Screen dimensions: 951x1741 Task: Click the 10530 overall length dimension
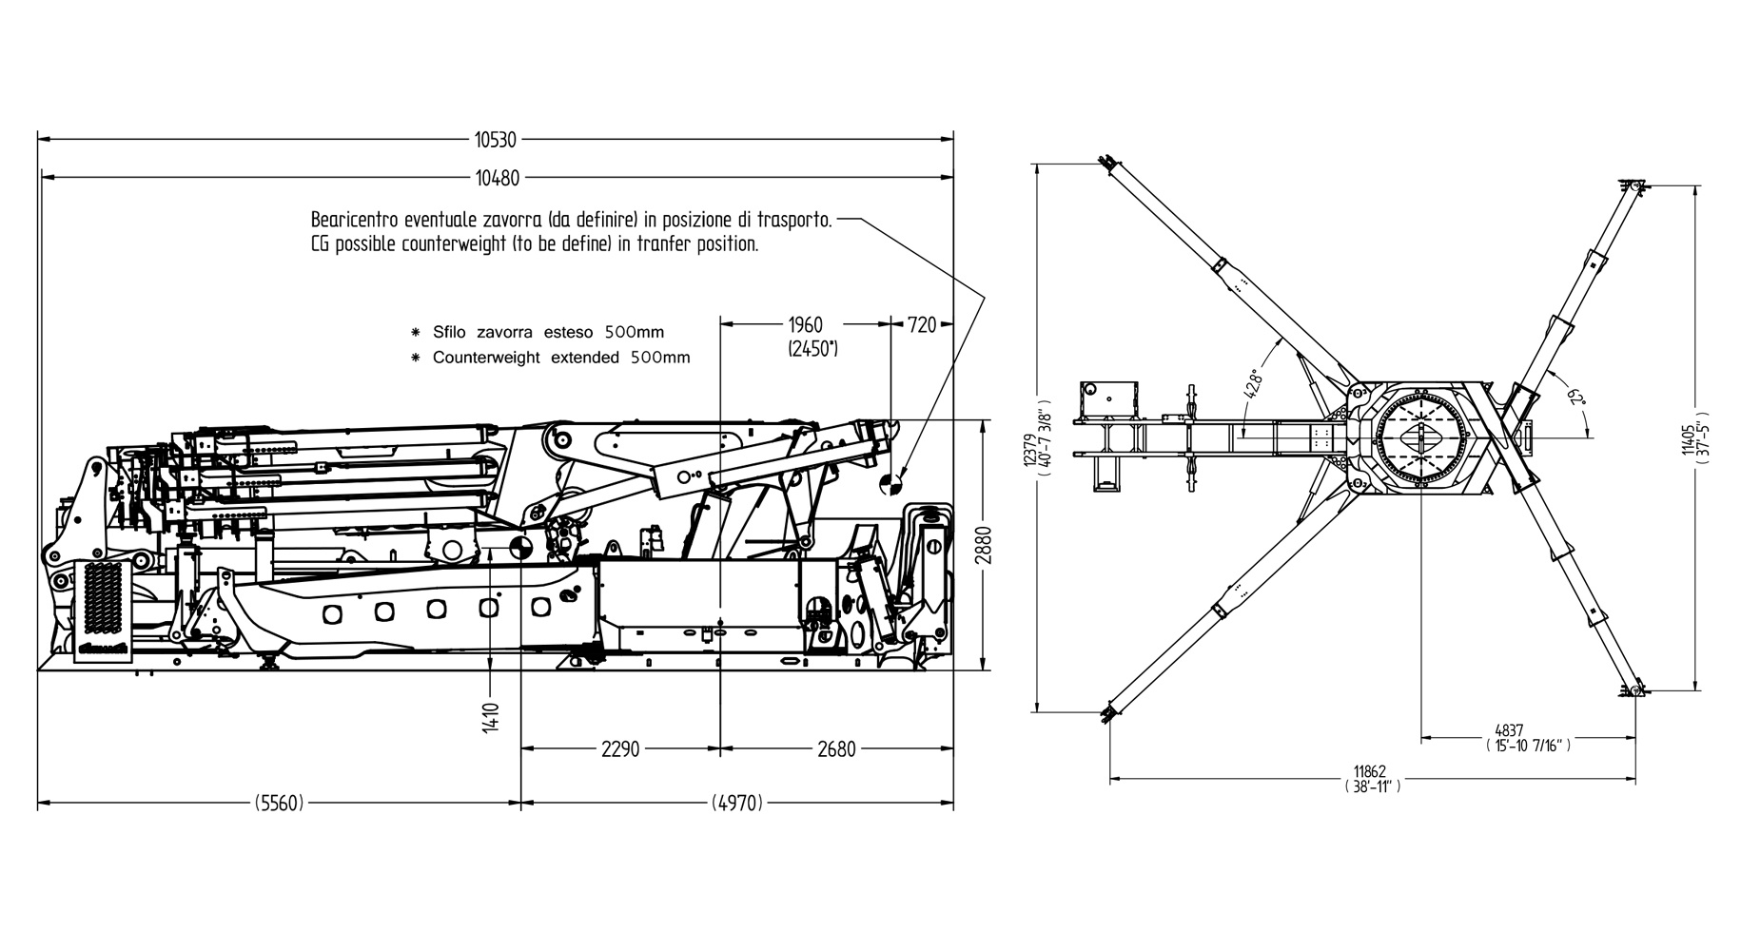tap(495, 140)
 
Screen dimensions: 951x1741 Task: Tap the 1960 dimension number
tap(805, 326)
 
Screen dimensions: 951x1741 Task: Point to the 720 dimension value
tap(922, 326)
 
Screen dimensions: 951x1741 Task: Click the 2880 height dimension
tap(984, 546)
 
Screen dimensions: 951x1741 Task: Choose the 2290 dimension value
tap(620, 749)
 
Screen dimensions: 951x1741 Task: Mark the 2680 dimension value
tap(836, 749)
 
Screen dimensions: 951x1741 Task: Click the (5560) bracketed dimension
tap(280, 804)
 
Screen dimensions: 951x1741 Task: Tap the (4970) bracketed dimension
tap(737, 804)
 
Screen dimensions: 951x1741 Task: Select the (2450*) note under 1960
tap(812, 348)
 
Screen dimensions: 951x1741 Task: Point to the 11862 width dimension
tap(1371, 772)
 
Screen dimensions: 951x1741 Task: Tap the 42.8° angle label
tap(1254, 383)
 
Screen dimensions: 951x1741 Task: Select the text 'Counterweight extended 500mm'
tap(560, 359)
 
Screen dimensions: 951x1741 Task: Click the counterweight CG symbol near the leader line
tap(891, 484)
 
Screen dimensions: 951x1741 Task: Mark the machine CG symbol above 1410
tap(520, 548)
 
